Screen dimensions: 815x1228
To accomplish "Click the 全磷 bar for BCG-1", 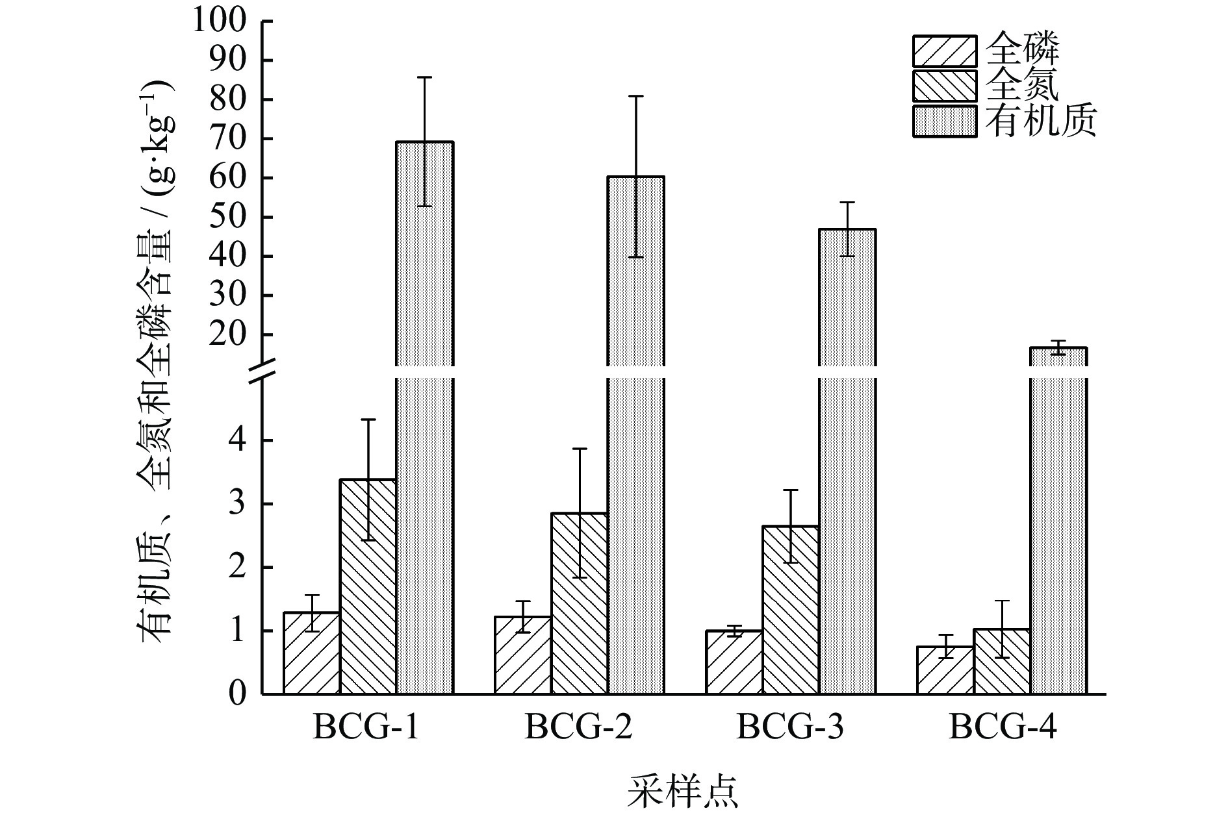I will (311, 653).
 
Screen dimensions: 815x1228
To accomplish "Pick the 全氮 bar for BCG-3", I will (790, 610).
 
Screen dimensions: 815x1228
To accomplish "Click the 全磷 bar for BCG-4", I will (945, 670).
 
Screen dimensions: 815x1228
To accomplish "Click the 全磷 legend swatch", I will (944, 51).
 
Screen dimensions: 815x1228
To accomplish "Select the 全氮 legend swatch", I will (944, 86).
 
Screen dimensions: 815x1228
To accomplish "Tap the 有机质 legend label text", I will (1040, 121).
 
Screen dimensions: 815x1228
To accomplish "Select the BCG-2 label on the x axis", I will (578, 727).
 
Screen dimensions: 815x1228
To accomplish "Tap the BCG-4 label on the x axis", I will (1002, 727).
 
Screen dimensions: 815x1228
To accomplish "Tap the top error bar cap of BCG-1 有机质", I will (424, 77).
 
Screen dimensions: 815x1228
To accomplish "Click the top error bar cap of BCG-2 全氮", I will (580, 449).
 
